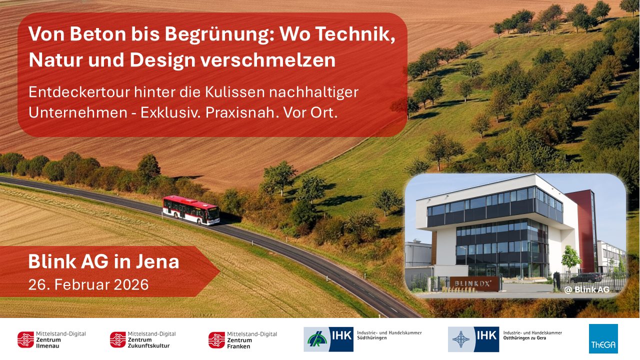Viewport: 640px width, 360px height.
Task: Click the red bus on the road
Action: coord(190,210)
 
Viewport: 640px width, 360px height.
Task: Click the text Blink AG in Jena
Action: coord(103,261)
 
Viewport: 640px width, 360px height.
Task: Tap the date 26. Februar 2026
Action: coord(88,284)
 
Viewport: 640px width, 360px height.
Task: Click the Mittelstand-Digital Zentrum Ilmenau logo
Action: coord(51,339)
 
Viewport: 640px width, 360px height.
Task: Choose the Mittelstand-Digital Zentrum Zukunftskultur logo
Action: coord(143,339)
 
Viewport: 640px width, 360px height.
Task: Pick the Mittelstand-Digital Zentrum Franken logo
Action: coord(242,339)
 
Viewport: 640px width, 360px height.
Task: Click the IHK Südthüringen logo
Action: coord(362,339)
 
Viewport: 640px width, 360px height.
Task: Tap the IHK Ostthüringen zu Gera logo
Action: coord(505,339)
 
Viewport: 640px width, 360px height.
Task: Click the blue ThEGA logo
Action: coord(603,339)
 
